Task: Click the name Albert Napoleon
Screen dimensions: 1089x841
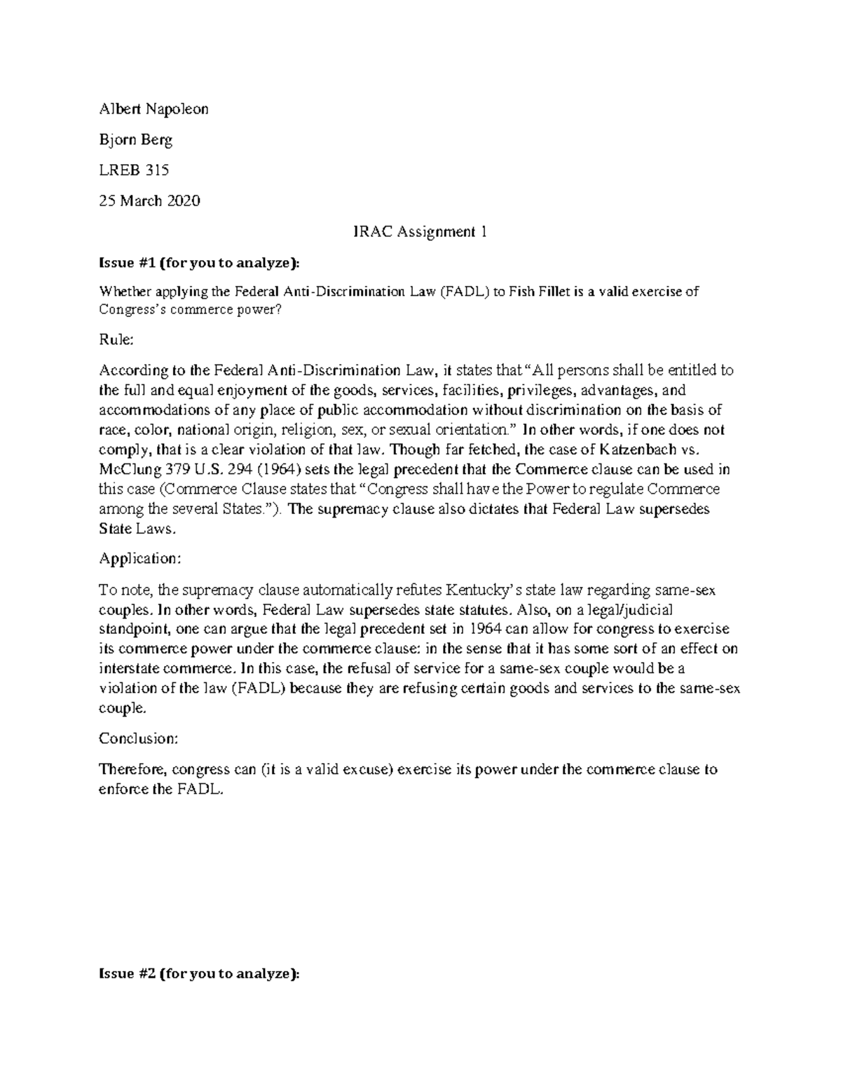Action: click(x=153, y=109)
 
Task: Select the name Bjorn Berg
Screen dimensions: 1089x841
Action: click(x=135, y=140)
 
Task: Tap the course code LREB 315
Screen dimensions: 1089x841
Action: click(x=134, y=170)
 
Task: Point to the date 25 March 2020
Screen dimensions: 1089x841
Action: click(x=149, y=201)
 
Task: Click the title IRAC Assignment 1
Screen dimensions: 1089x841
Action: click(x=420, y=232)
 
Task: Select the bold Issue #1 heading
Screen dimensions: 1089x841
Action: click(x=198, y=263)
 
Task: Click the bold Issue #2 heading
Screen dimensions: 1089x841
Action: click(x=199, y=974)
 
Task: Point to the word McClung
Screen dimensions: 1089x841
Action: click(x=127, y=470)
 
